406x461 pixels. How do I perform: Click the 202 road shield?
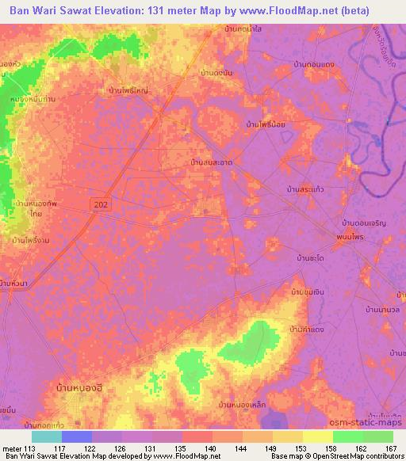tap(101, 204)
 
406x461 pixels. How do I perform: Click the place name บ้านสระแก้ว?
tap(308, 191)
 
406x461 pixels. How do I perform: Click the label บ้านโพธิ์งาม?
tap(32, 238)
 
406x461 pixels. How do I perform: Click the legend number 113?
tap(31, 448)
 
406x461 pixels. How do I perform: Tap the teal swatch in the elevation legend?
tap(46, 436)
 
